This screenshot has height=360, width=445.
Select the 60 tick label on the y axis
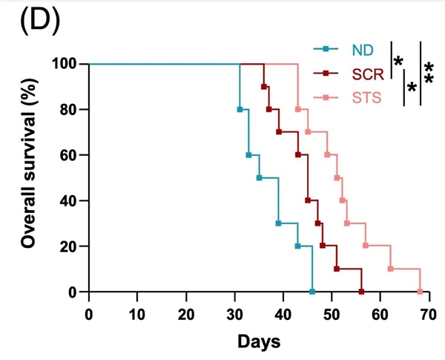coord(68,155)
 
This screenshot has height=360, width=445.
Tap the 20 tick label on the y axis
coord(68,246)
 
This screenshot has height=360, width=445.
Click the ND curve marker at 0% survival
coord(312,292)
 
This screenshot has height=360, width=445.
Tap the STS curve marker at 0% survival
coord(420,292)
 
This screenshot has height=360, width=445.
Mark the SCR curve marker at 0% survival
coord(361,292)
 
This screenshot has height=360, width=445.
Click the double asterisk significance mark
coord(429,73)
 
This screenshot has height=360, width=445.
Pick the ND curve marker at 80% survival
coord(240,109)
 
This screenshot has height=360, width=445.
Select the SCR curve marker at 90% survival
coord(264,87)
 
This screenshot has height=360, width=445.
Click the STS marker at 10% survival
coord(391,269)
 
